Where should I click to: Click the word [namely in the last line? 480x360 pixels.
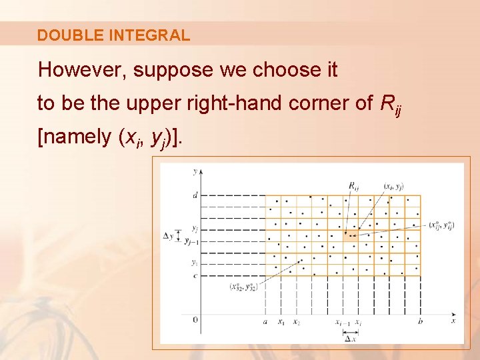75,137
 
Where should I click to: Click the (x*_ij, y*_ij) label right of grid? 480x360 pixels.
441,225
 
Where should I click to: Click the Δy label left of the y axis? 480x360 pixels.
169,235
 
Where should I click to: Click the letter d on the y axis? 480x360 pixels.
195,195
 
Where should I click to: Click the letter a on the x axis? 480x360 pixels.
265,322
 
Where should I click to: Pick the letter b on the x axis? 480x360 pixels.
420,322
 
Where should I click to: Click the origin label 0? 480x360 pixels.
195,321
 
